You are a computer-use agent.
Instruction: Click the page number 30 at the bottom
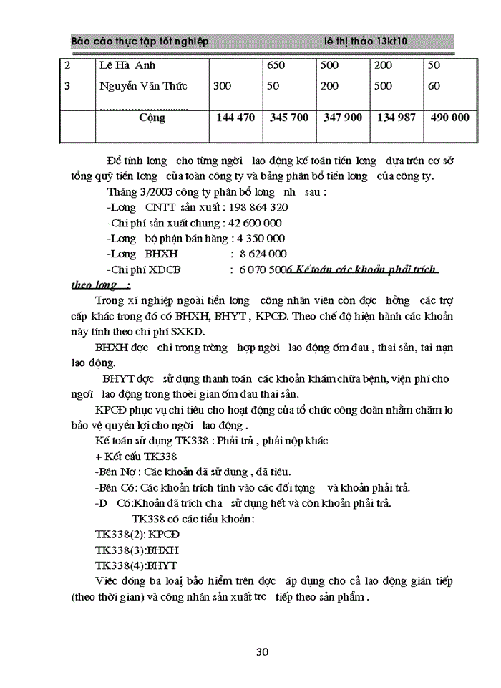coord(262,651)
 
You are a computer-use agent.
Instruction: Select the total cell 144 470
coord(235,118)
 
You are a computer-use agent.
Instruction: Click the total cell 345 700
coord(290,118)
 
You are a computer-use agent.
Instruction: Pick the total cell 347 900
coord(342,118)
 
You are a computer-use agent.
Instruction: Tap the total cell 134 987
coord(396,118)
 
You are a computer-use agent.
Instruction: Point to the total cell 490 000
coord(450,118)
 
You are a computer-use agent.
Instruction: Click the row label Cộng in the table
coord(152,118)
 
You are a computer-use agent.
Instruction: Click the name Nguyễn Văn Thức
coord(143,86)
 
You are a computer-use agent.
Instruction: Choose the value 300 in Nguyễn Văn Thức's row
coord(222,86)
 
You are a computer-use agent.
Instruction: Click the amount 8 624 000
coord(258,254)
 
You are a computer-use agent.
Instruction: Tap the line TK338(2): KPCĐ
coord(137,535)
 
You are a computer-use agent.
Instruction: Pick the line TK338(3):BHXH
coord(137,550)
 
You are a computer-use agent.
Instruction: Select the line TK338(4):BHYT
coord(136,565)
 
